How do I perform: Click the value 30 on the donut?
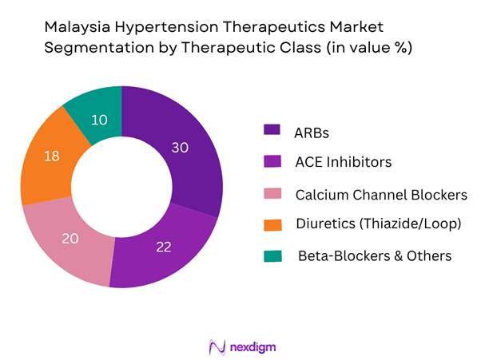[x=182, y=147]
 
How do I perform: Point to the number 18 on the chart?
[x=50, y=156]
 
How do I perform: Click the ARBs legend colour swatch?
[x=272, y=129]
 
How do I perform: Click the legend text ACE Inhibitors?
[x=343, y=162]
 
